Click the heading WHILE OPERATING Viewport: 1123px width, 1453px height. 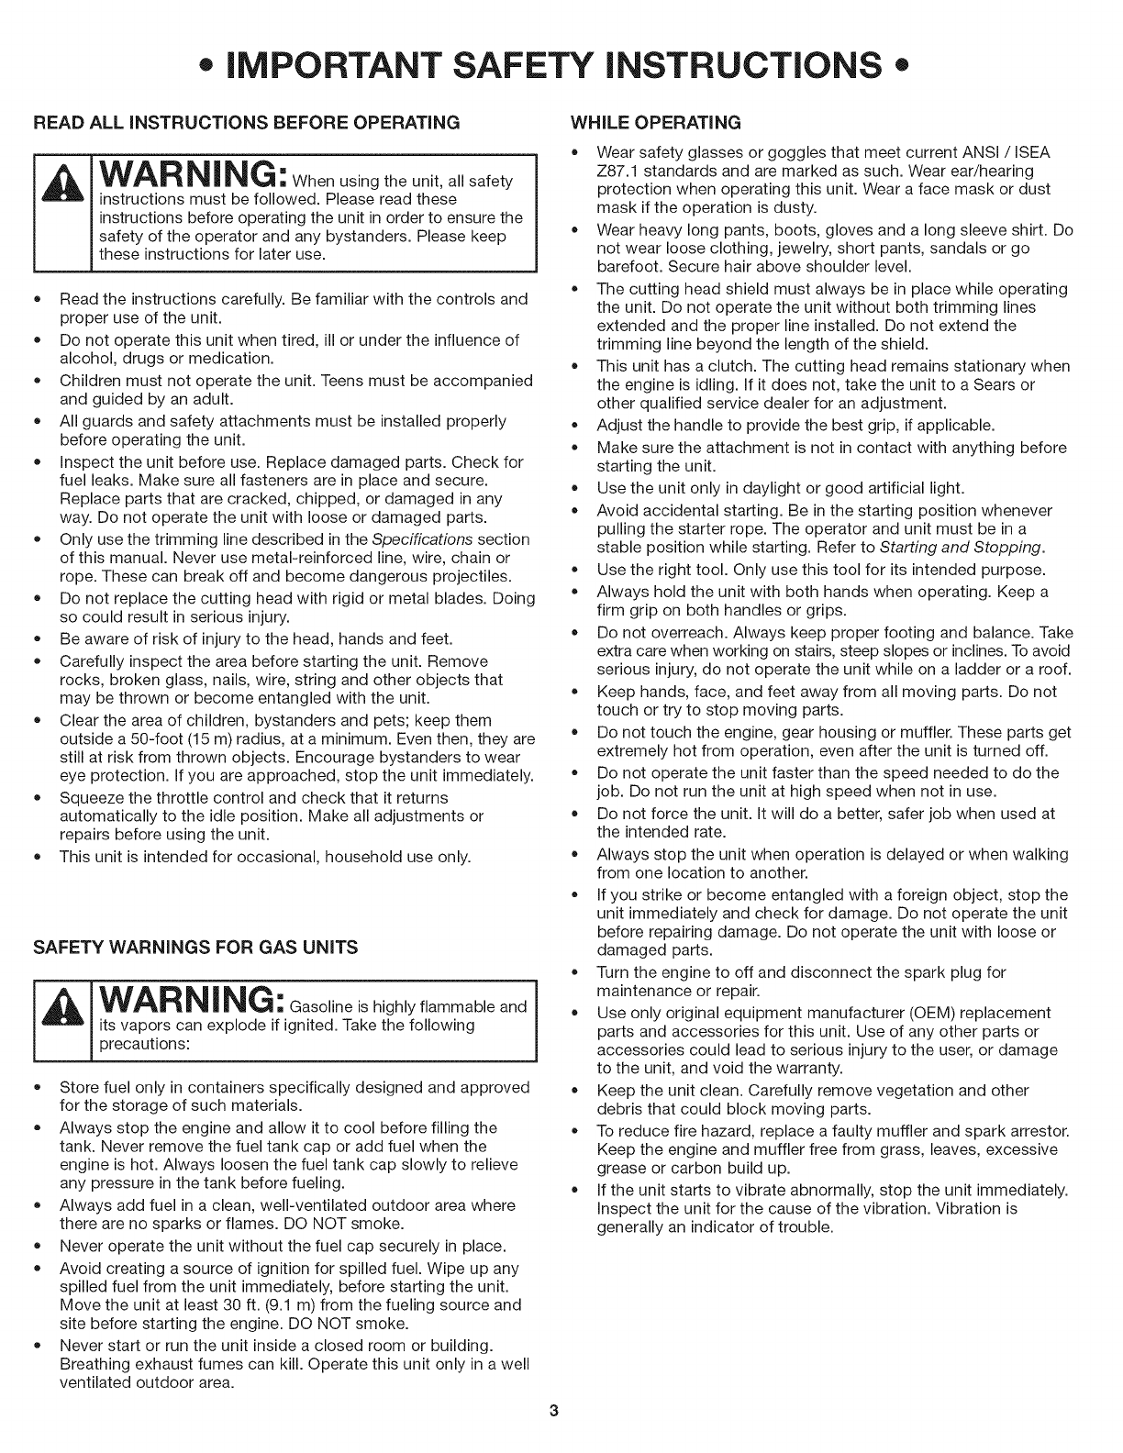[x=655, y=121]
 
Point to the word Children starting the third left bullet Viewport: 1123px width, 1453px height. [x=90, y=381]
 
